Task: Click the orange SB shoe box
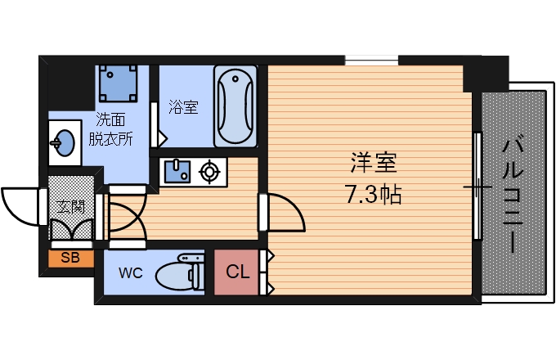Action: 70,259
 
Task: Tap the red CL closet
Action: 237,271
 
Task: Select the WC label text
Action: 130,272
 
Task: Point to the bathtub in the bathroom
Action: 235,106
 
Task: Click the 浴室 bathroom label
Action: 183,107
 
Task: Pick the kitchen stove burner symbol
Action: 210,172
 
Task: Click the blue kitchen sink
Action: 177,172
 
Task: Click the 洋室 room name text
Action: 374,164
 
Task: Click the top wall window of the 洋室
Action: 372,60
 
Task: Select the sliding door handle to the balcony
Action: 477,187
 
